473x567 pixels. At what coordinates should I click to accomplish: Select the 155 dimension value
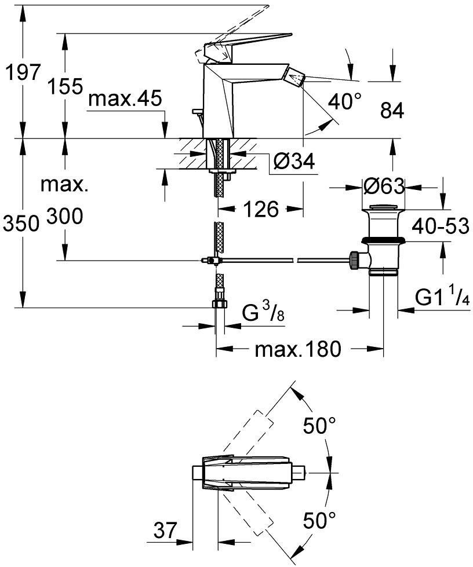[x=66, y=86]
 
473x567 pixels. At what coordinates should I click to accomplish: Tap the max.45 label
[x=125, y=98]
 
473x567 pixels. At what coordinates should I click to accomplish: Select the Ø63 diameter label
[x=384, y=186]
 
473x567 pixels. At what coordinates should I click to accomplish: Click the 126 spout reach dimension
[x=261, y=209]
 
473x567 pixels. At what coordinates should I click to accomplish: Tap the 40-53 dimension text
[x=441, y=226]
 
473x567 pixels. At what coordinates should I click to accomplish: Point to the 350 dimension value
[x=21, y=224]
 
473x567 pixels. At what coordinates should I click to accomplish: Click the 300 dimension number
[x=65, y=216]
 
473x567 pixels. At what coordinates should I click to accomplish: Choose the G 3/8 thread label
[x=263, y=312]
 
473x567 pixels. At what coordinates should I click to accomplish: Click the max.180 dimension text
[x=298, y=349]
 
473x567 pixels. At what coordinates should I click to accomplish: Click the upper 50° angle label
[x=319, y=425]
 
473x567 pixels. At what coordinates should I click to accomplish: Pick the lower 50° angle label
[x=319, y=520]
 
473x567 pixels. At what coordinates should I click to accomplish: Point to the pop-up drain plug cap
[x=383, y=207]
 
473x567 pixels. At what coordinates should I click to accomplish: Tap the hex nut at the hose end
[x=219, y=303]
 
